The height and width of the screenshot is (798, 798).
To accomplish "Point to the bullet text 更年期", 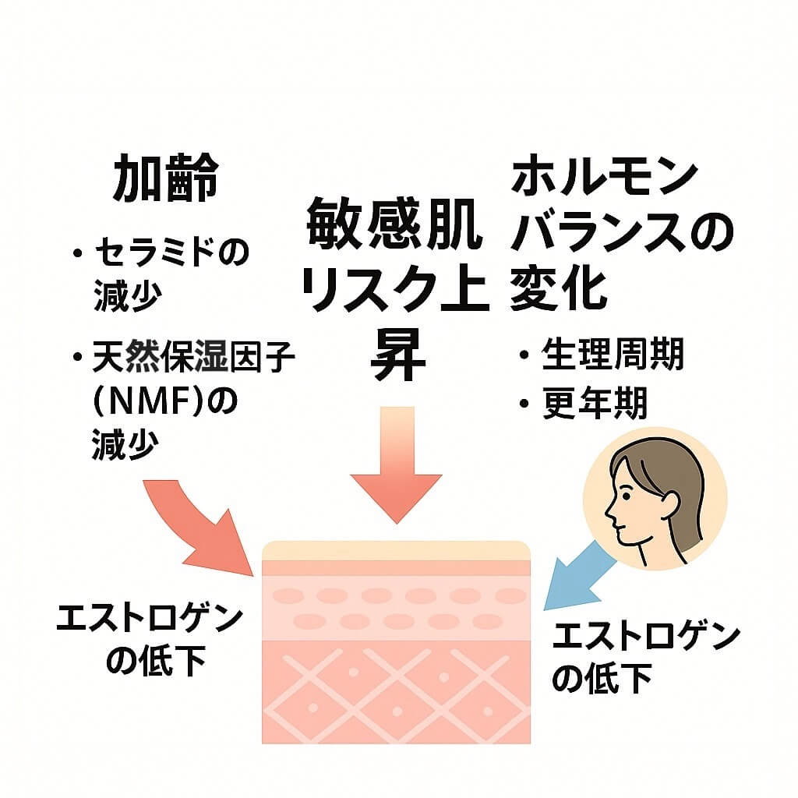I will pyautogui.click(x=595, y=403).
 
